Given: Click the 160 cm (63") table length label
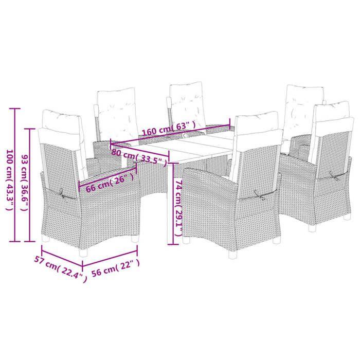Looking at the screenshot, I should point(170,126).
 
